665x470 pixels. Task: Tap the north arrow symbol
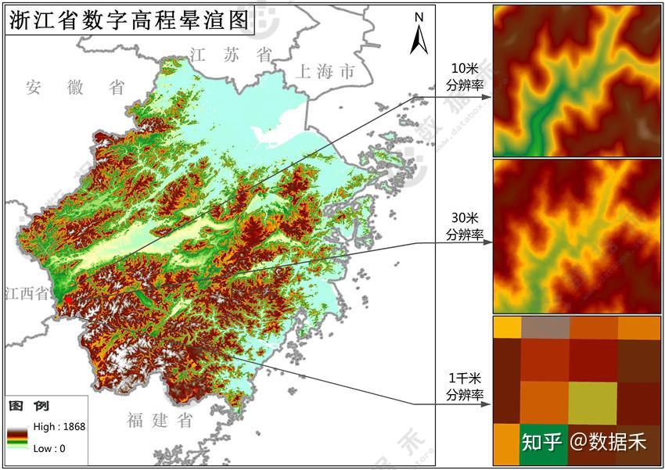click(419, 39)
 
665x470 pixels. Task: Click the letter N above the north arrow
click(419, 16)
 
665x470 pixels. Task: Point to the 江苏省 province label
click(231, 54)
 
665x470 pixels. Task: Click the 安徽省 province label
click(74, 87)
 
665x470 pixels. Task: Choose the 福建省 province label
click(160, 421)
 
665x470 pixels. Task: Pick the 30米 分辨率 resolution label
click(465, 226)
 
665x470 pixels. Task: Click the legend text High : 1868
click(59, 427)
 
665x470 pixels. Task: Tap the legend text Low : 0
click(49, 448)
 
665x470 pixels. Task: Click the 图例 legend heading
click(29, 407)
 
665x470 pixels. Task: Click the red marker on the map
click(68, 299)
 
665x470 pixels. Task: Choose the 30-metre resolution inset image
click(577, 236)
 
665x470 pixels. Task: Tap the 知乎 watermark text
click(542, 442)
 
